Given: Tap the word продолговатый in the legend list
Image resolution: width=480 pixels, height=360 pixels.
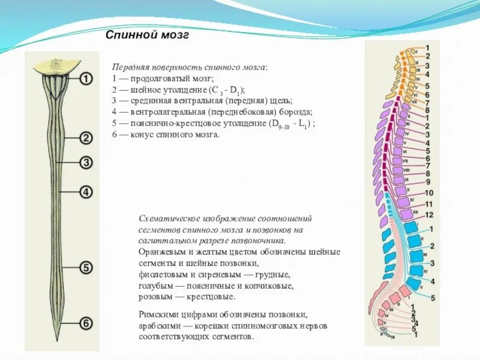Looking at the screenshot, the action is pos(158,79).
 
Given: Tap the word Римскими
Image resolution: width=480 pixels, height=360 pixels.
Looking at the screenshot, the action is pos(157,314).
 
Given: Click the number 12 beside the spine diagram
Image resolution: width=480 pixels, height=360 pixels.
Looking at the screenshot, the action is pos(429,215).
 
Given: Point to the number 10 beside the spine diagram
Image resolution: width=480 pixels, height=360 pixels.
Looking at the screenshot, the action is pos(429,193).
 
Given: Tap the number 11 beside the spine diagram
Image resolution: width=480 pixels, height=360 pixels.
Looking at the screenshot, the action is pos(429,204).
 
